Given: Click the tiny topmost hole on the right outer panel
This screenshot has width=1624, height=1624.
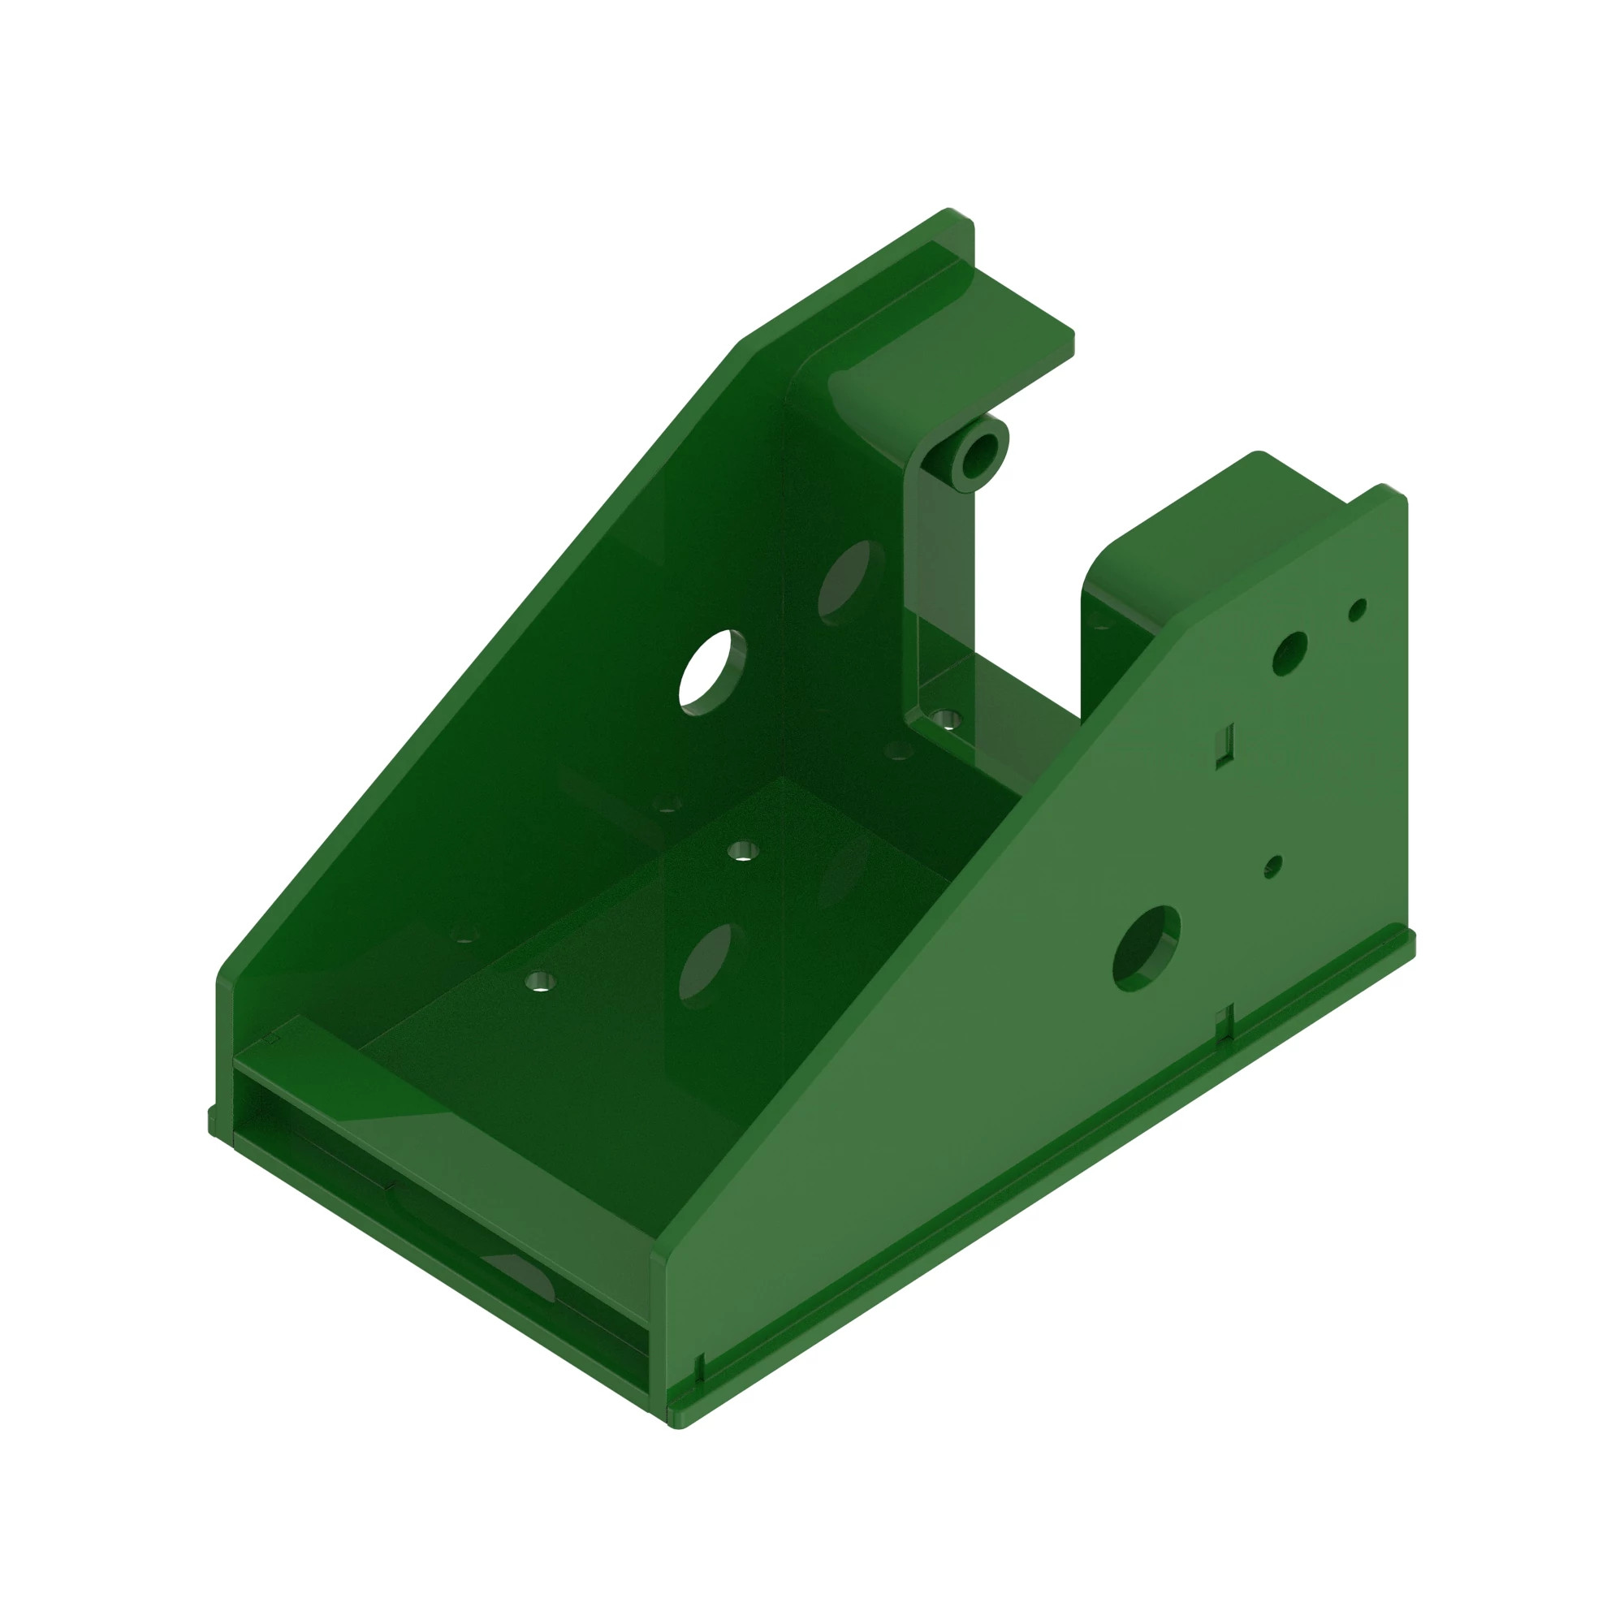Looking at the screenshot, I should pos(1357,610).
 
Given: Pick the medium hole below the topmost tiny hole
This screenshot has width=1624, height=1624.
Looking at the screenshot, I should pos(1290,653).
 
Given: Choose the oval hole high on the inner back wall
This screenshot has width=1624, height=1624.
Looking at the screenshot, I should pos(849,582).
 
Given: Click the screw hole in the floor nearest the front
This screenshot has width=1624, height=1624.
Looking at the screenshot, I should pos(538,981).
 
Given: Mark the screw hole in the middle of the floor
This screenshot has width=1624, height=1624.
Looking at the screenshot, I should pos(741,851).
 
